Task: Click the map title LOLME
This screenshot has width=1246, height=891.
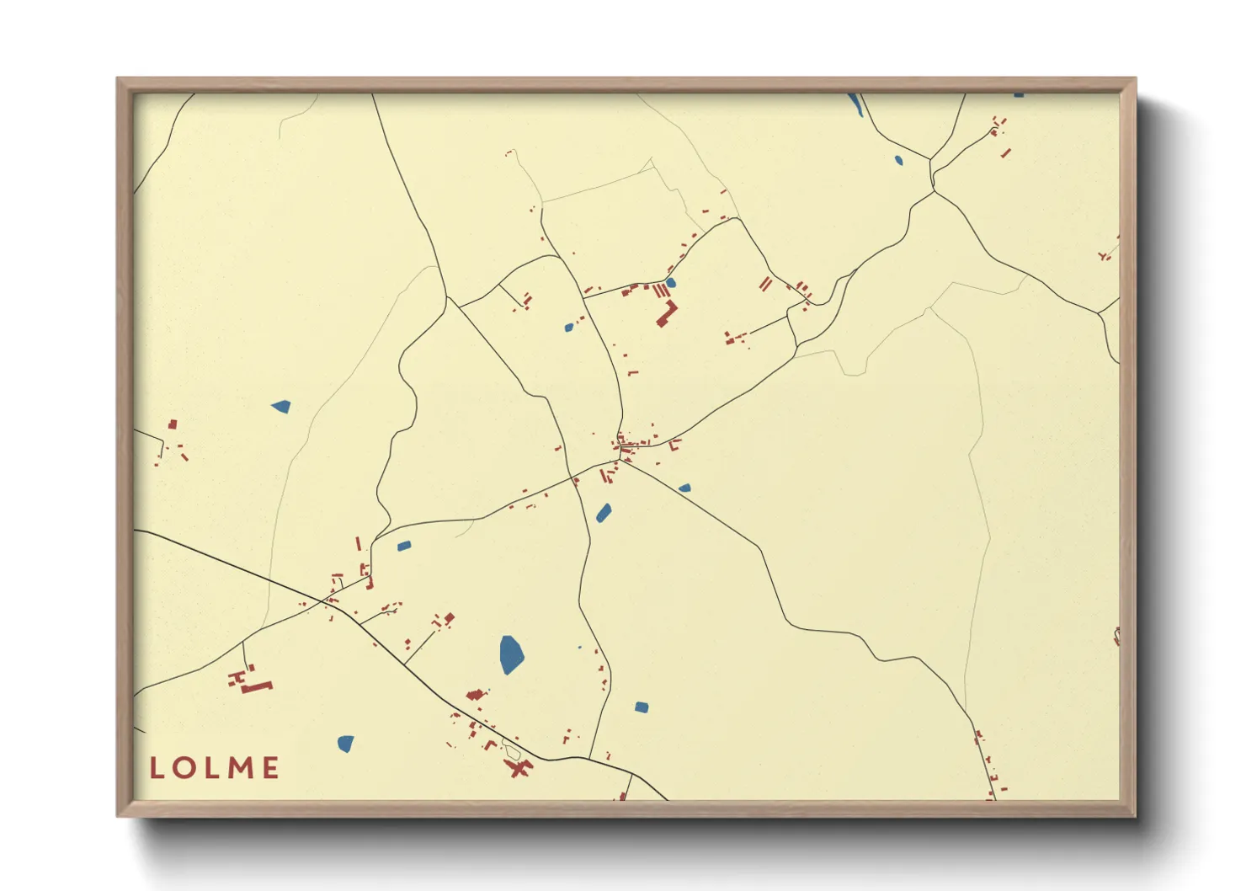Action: coord(215,767)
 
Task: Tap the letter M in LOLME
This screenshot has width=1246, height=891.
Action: coord(240,767)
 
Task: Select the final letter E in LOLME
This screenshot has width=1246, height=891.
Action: coord(270,767)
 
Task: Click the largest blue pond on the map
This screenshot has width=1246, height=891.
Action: coord(510,654)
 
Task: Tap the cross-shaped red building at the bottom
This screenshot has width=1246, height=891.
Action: coord(518,768)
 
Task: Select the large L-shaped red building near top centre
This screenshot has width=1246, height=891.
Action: coord(667,313)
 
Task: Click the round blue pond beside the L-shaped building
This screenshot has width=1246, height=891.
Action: coord(670,283)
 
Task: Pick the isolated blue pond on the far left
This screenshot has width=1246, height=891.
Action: coord(281,407)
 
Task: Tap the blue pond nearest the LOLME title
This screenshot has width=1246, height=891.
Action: coord(345,744)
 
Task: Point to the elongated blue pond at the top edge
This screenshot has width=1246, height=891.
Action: coord(855,104)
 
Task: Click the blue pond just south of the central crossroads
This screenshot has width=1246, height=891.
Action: coord(604,513)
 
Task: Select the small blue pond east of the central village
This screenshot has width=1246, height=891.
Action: coord(684,488)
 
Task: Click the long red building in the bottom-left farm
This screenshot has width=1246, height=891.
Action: coord(258,687)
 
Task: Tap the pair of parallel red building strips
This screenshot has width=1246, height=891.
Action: coord(765,284)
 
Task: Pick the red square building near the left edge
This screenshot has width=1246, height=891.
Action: coord(173,424)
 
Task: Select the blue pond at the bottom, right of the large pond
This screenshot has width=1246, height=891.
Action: coord(642,707)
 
